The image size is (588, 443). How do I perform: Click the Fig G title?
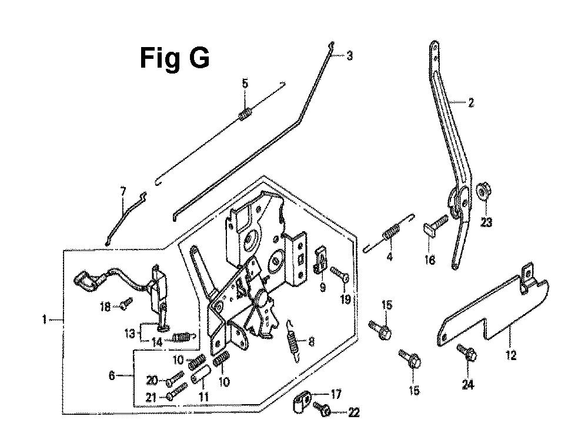(x=175, y=59)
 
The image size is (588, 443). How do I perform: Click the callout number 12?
(x=511, y=355)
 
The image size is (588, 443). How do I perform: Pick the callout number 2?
(x=470, y=103)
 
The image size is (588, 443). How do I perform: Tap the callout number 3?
(x=349, y=56)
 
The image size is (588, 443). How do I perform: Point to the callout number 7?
(x=123, y=191)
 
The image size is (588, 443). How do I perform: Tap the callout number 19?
(x=345, y=299)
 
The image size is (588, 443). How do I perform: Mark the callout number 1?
(x=44, y=320)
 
